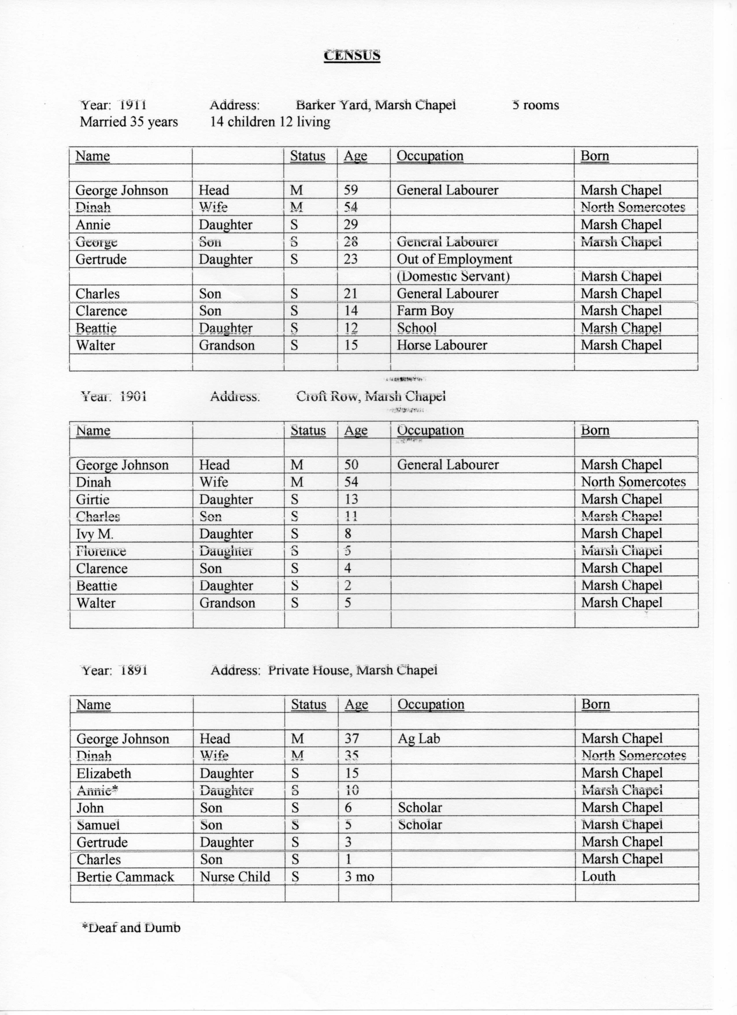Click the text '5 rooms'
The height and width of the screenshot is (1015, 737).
(x=535, y=106)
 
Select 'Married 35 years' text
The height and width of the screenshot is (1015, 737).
(x=129, y=122)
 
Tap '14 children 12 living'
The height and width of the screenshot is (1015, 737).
(x=270, y=122)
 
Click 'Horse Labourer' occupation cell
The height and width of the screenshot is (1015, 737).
(x=441, y=345)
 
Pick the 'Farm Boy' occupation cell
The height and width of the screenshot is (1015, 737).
(x=425, y=311)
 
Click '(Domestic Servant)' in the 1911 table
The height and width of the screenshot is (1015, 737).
(x=453, y=277)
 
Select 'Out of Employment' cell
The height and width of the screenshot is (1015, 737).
(x=454, y=259)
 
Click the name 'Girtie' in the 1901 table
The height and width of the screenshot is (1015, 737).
(x=92, y=500)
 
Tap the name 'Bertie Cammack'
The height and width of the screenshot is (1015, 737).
(x=125, y=877)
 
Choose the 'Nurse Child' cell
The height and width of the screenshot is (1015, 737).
(x=235, y=877)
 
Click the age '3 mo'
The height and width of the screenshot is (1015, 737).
(x=359, y=877)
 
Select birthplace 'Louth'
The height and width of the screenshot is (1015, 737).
(x=598, y=877)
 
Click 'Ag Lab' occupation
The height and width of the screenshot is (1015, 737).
(x=419, y=739)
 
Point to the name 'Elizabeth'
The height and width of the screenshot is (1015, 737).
(x=104, y=773)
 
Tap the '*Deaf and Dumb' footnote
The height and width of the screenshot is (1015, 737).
(x=131, y=928)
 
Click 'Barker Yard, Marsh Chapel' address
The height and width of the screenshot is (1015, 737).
(x=376, y=105)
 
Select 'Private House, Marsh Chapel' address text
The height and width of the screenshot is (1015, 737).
(x=352, y=670)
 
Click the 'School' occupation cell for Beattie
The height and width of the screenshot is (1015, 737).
(x=416, y=328)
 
